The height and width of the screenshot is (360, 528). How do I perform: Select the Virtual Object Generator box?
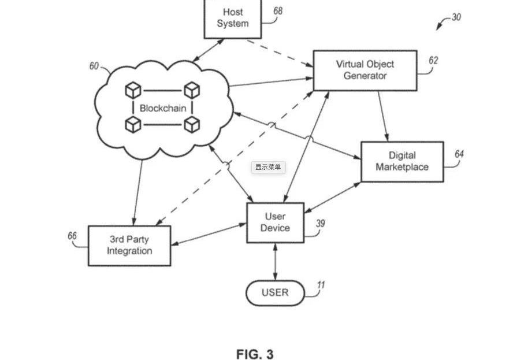click(365, 70)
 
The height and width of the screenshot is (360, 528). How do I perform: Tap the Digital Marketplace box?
click(402, 162)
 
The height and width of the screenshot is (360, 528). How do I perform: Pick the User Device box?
click(275, 222)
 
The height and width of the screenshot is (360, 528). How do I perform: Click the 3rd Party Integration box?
click(129, 246)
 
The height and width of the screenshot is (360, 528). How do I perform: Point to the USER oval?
click(275, 293)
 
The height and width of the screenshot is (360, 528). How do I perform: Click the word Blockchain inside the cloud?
click(163, 108)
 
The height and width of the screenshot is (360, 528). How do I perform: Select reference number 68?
click(278, 11)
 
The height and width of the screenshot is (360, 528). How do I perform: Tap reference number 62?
click(433, 60)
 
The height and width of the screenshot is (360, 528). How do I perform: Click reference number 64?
click(459, 154)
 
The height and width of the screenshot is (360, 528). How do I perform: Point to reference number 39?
click(320, 224)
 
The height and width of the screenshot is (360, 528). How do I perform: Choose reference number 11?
click(321, 285)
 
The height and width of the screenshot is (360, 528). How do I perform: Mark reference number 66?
click(72, 236)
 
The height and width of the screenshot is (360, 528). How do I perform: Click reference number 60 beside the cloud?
click(94, 66)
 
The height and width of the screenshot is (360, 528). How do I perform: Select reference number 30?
click(456, 17)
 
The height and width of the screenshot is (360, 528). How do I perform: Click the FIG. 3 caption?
click(255, 354)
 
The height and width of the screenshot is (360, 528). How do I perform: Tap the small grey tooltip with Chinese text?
click(269, 167)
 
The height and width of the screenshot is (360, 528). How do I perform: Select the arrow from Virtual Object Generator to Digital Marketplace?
click(384, 116)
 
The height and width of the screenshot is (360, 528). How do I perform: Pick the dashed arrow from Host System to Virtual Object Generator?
click(280, 53)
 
